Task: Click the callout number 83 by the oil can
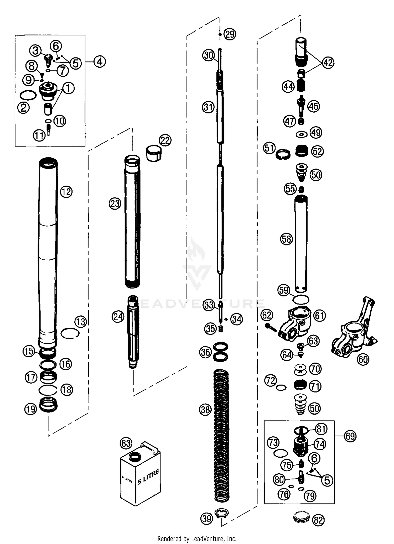(x=126, y=443)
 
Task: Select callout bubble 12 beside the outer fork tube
(x=66, y=192)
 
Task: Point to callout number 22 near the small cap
(x=165, y=140)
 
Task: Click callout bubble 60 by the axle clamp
(x=364, y=359)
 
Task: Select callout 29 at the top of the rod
(x=230, y=34)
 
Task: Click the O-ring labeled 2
(x=28, y=95)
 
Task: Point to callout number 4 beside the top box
(x=99, y=62)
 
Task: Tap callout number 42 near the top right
(x=328, y=63)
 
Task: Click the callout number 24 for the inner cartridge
(x=118, y=317)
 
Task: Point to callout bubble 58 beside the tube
(x=286, y=239)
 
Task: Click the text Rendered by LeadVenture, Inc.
(x=197, y=539)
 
